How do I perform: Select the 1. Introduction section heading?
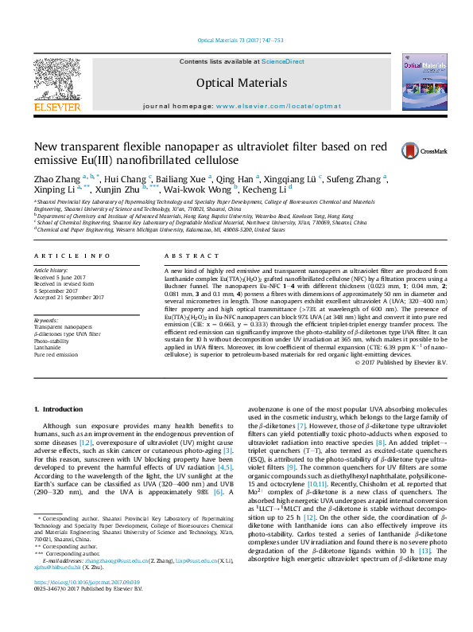coord(60,408)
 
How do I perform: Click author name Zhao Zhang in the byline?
coord(56,178)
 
